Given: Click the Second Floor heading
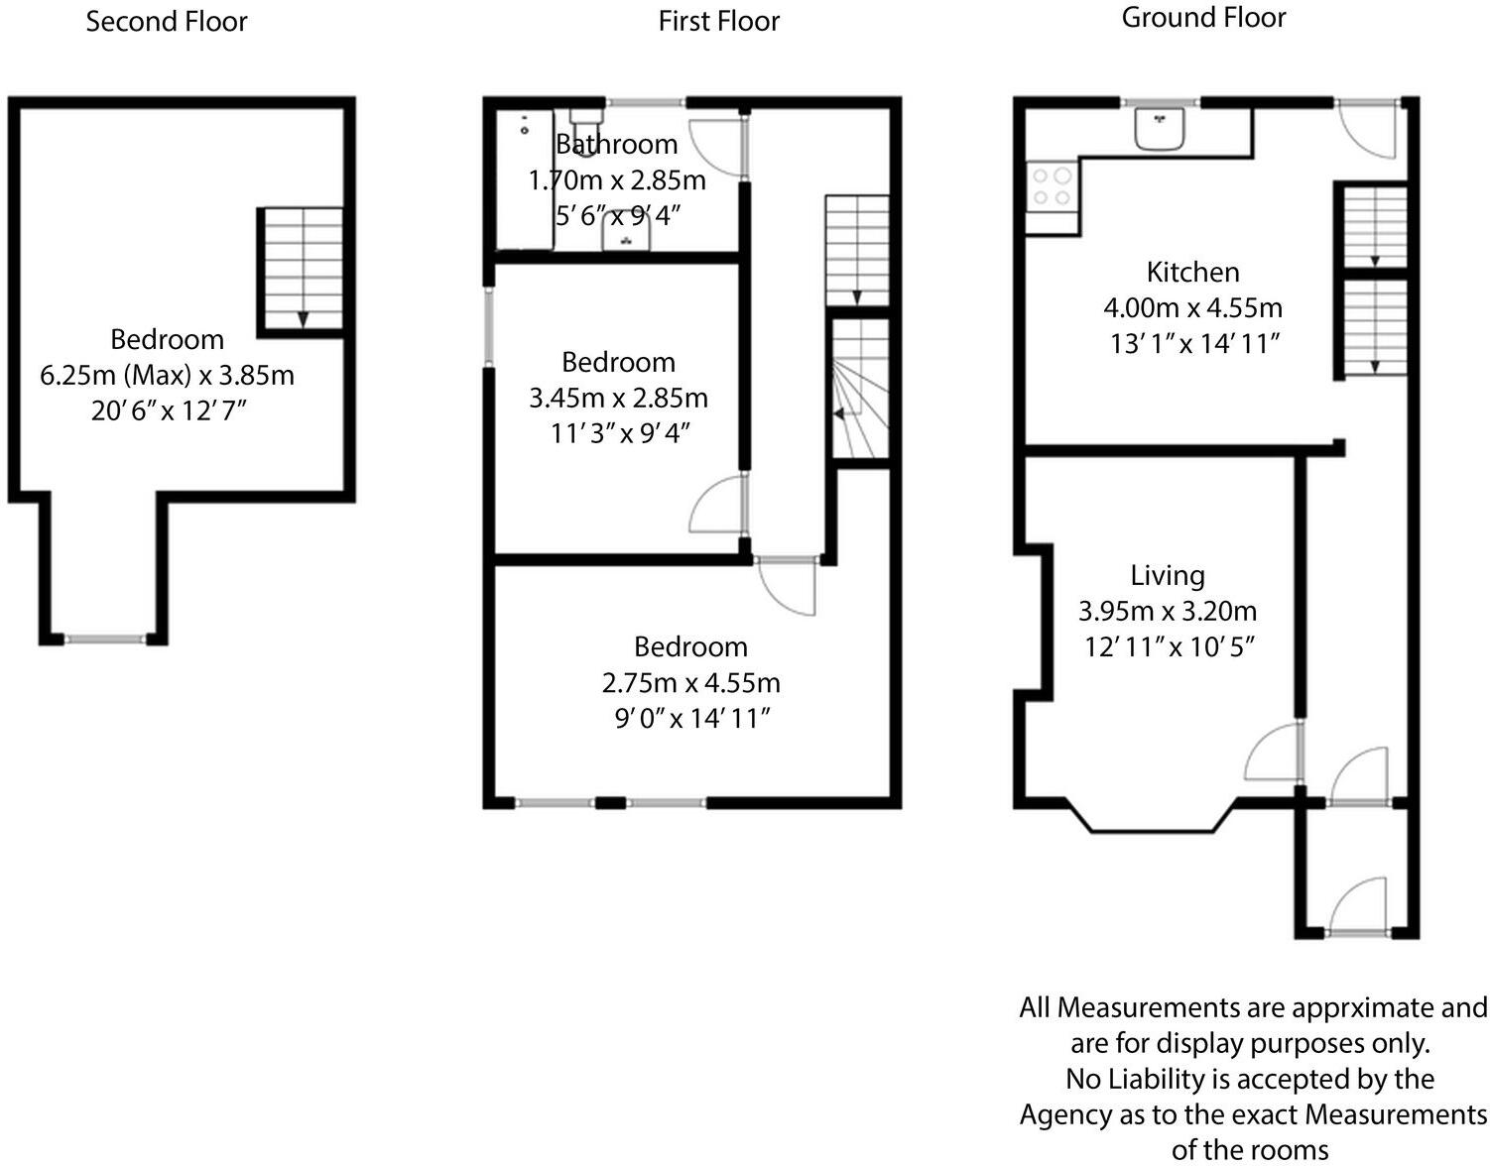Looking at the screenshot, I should point(167,22).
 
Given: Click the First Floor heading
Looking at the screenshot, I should point(719,22).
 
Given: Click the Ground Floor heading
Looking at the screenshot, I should point(1203,18).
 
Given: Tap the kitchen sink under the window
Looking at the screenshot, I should point(1160,129).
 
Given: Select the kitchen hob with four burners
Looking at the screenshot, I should point(1052,186).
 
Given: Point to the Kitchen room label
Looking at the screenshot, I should point(1192,272).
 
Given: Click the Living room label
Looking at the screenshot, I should point(1168,575).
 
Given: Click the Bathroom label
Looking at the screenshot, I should point(617,145).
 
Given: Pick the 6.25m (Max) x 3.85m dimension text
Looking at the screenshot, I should point(167,376).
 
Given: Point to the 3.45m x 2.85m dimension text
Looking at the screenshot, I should point(618,399).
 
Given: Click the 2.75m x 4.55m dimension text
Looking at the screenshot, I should point(690,683).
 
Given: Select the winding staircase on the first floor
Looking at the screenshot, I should point(859,389).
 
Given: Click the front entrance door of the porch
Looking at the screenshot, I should point(1358,907).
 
